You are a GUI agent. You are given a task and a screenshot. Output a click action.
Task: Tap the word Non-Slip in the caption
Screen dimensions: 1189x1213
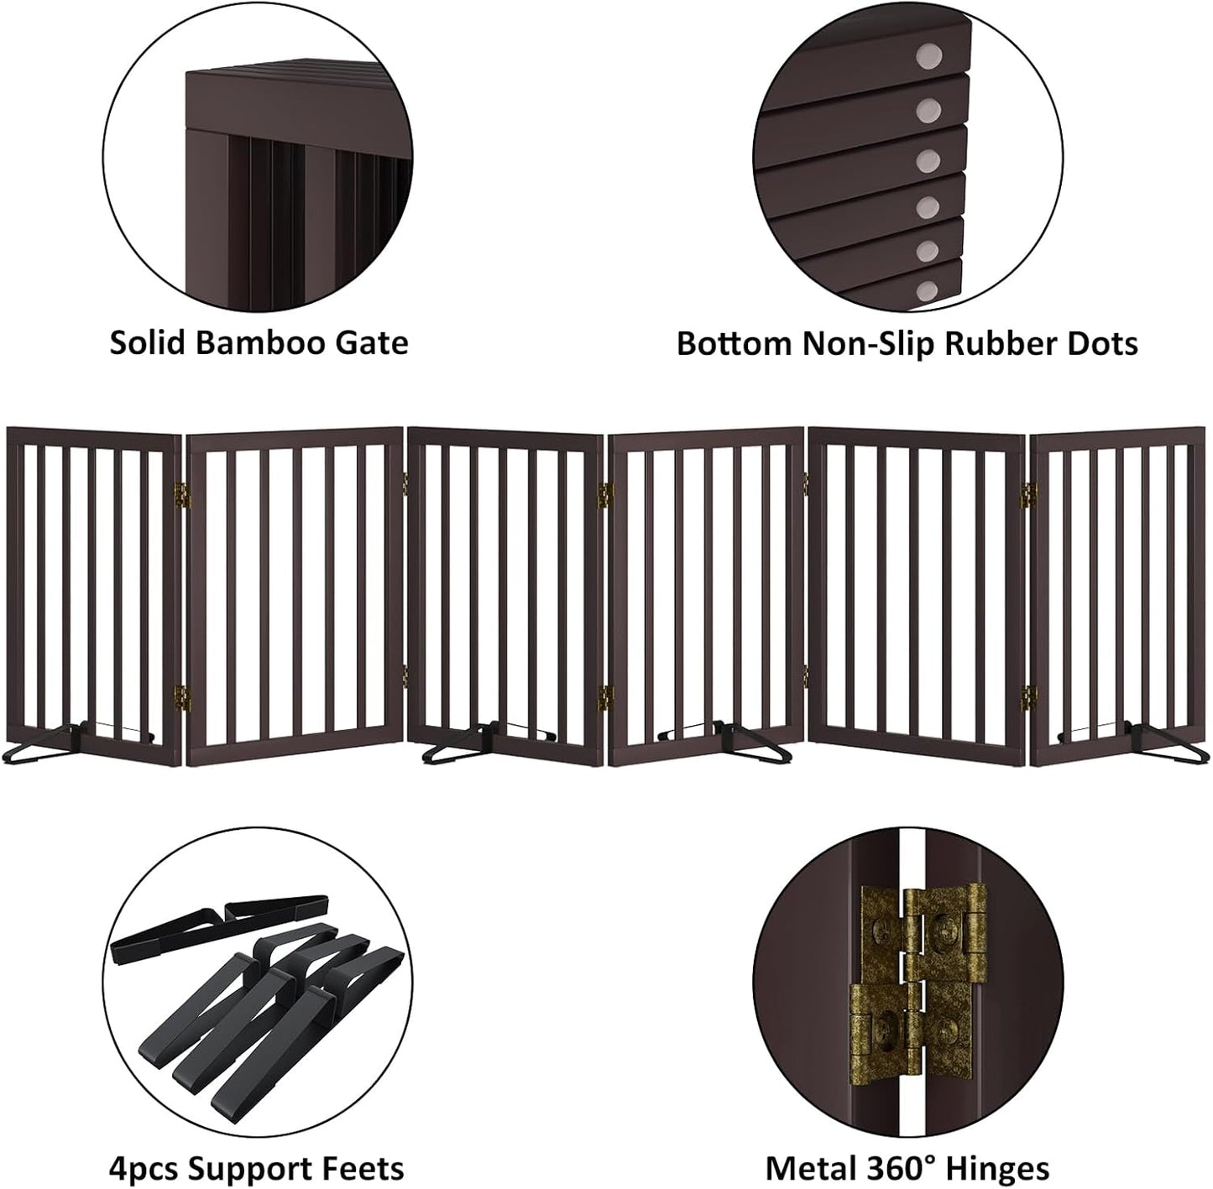(856, 343)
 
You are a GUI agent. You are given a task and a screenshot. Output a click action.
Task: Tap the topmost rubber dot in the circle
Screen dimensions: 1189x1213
(929, 59)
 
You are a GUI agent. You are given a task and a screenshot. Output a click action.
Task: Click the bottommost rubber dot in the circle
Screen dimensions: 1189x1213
(927, 291)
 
